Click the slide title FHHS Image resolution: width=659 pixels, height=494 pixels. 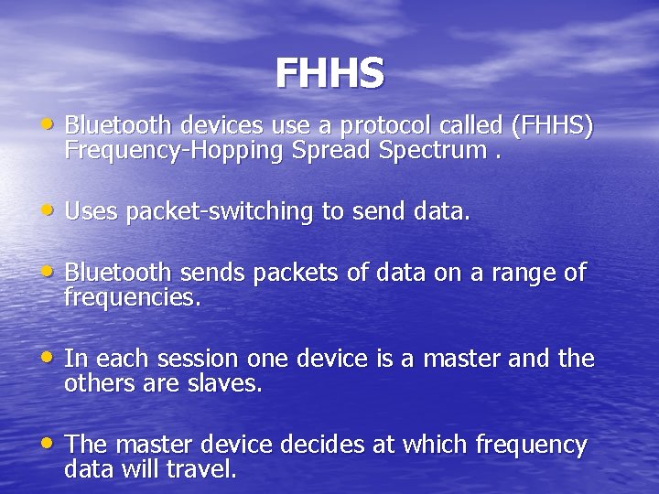coord(329,74)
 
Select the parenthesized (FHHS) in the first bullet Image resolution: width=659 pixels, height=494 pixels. coord(555,125)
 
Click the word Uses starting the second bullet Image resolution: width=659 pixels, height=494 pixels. coord(92,212)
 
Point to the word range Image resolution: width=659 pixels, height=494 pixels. coord(522,274)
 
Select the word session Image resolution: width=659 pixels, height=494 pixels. coord(192,359)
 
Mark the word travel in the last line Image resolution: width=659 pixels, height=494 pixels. coord(208,470)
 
